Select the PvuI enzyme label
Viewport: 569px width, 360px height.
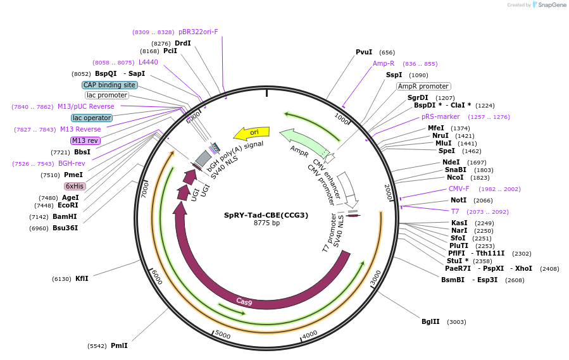(x=364, y=53)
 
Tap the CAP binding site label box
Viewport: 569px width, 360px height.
(x=109, y=85)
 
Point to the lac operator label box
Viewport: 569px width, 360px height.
(x=92, y=118)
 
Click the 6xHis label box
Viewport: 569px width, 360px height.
(x=75, y=186)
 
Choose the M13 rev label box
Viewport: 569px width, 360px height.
(x=85, y=140)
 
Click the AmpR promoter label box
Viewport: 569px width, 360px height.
(x=423, y=86)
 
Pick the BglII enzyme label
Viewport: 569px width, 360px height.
(x=430, y=321)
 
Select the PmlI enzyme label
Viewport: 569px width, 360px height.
(x=119, y=345)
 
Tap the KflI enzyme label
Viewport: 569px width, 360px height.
(x=82, y=278)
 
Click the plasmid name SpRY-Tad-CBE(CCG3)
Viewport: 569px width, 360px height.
(x=266, y=215)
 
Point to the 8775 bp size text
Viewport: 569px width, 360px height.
(x=266, y=223)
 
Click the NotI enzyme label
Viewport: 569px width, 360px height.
(x=458, y=200)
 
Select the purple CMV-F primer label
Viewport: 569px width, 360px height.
(x=459, y=189)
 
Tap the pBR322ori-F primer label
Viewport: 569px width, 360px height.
(x=198, y=31)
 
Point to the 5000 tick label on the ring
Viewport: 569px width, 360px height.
(x=223, y=333)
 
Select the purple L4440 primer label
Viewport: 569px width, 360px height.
(x=148, y=62)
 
